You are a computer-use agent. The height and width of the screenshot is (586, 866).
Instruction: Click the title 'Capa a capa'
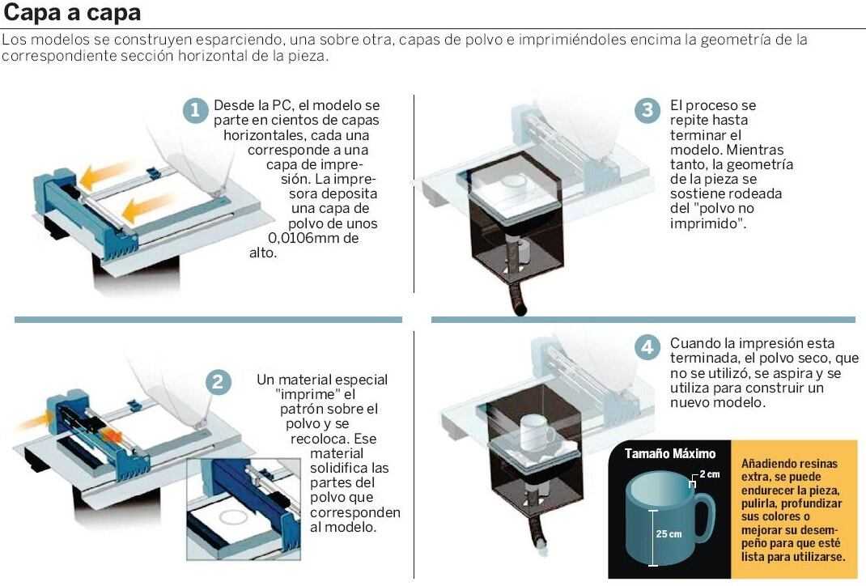click(72, 12)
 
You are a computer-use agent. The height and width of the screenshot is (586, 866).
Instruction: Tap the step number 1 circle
click(195, 110)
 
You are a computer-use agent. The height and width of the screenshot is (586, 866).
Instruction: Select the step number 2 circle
click(219, 382)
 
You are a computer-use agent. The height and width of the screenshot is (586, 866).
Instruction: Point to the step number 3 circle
click(647, 110)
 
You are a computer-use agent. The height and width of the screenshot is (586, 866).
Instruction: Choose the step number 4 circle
click(647, 347)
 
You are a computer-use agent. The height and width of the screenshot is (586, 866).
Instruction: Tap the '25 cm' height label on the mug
click(669, 534)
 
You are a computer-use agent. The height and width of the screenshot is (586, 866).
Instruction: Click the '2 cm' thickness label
click(710, 473)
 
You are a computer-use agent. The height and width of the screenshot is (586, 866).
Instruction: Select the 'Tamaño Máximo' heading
click(670, 453)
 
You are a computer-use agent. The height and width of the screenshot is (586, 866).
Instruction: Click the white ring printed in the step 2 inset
click(235, 517)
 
